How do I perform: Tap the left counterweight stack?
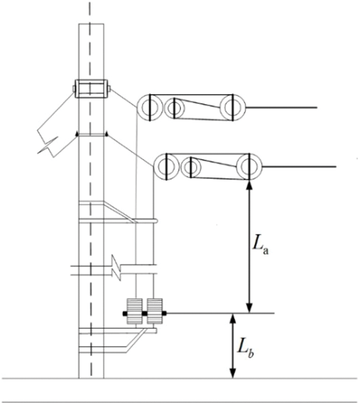tap(134, 312)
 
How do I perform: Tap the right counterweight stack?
tap(155, 312)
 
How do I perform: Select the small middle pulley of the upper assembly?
tap(175, 108)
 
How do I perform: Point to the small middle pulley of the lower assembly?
tap(191, 167)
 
